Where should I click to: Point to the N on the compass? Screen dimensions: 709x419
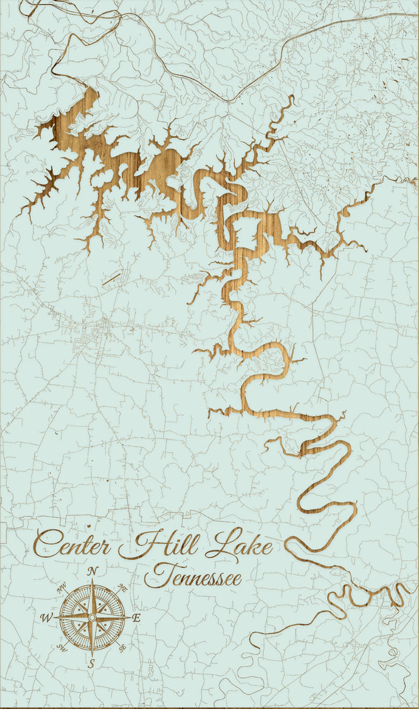[92, 572]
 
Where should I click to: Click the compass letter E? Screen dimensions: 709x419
[136, 618]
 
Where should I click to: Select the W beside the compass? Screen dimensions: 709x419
[47, 617]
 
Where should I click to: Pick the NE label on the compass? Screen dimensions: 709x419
[122, 589]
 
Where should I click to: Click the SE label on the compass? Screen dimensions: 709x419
[122, 646]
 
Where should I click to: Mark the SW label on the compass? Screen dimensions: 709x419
[62, 646]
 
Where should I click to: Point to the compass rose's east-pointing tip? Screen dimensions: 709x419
[130, 617]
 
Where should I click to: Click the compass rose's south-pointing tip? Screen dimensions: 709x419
[92, 655]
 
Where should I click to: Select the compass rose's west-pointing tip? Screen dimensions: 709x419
[54, 617]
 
